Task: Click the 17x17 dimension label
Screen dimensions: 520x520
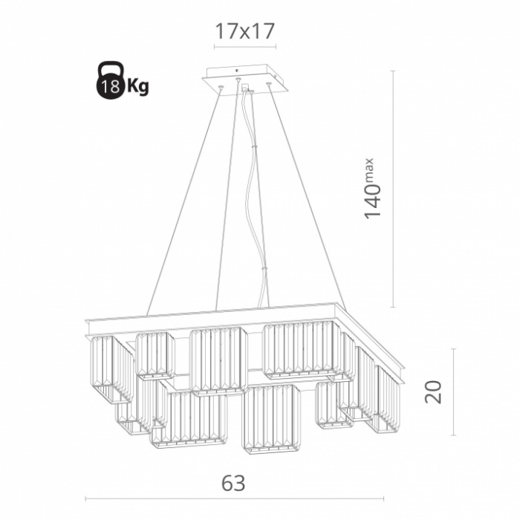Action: coord(245,31)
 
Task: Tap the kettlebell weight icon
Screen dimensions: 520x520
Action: coord(111,80)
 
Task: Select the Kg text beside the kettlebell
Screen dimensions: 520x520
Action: coord(138,87)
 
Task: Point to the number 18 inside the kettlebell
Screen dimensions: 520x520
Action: coord(111,87)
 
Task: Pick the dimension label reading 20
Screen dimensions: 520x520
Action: coord(433,391)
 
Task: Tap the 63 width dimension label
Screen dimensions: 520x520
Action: coord(233,483)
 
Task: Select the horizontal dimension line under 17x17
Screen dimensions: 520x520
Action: coord(245,46)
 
